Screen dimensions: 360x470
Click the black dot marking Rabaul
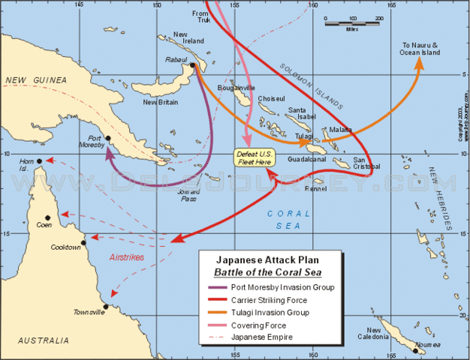coord(193,65)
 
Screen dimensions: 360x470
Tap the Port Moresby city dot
coord(109,138)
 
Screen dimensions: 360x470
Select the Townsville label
coord(88,312)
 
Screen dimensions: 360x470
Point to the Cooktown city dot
coord(84,242)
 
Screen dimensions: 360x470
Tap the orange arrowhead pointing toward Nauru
coord(419,63)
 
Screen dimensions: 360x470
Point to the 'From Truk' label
coord(200,18)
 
